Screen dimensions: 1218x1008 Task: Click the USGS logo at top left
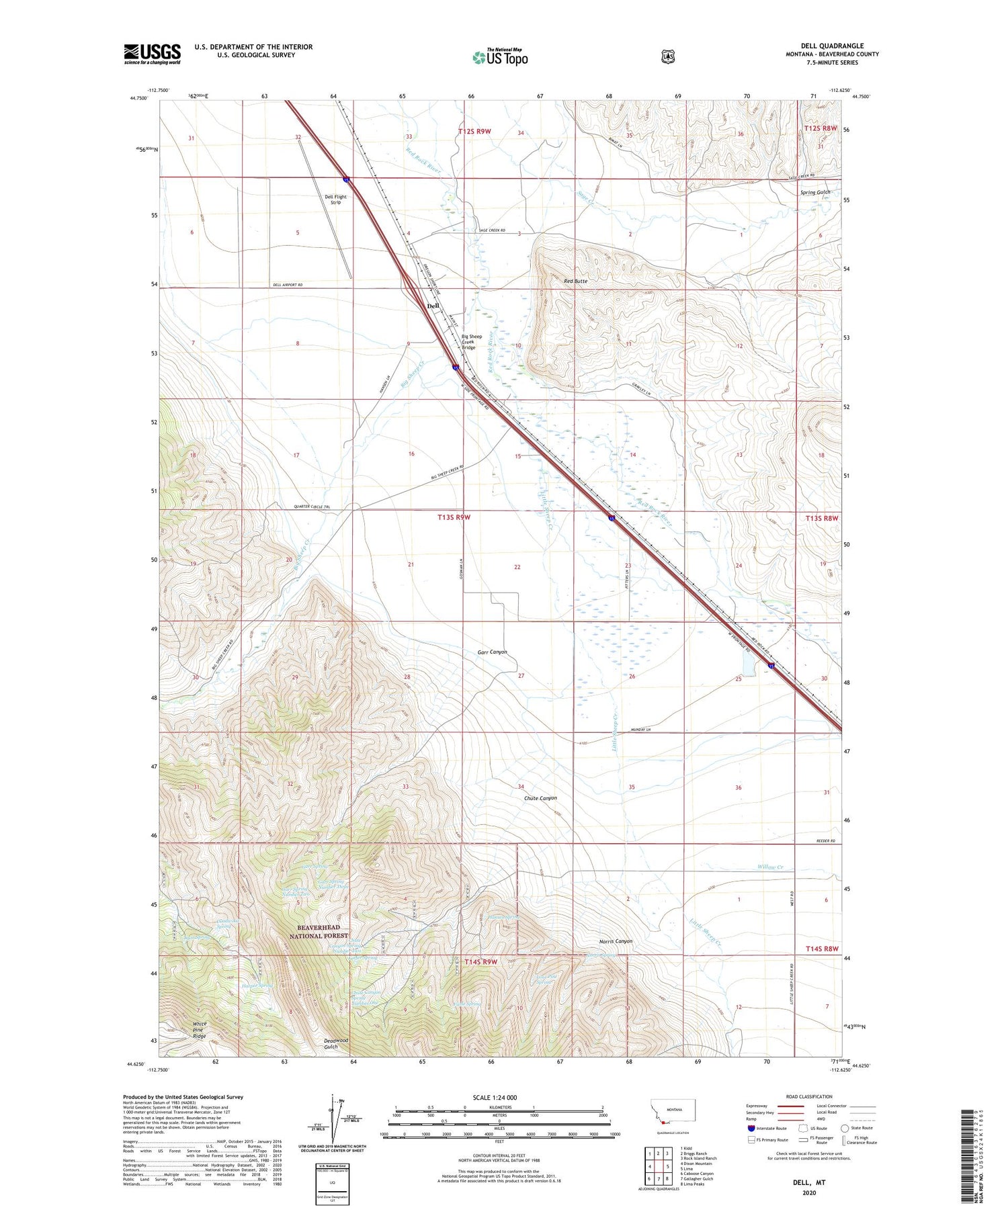(152, 54)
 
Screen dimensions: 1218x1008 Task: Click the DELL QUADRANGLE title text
(832, 46)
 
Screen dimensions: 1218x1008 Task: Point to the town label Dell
(433, 306)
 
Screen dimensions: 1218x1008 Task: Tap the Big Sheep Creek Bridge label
(472, 342)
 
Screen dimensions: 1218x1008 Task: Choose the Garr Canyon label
(492, 652)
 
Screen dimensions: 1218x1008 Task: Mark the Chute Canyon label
(540, 798)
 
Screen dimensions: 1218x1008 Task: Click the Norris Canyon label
(616, 941)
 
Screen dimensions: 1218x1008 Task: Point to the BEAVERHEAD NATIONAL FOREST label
(319, 931)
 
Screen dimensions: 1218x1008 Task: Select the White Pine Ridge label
(200, 1030)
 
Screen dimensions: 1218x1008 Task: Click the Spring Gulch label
(815, 192)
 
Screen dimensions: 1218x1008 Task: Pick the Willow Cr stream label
(771, 867)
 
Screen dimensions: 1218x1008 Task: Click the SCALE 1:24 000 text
(495, 1097)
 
